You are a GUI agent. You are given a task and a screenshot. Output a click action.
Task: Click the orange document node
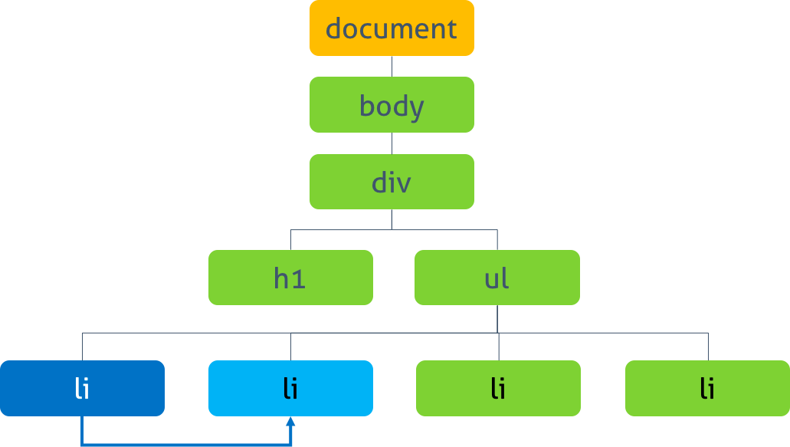coord(392,28)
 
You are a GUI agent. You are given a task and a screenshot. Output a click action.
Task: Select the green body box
coord(392,105)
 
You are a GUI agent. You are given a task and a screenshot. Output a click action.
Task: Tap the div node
coord(392,182)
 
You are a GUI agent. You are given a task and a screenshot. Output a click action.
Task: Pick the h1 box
coord(290,277)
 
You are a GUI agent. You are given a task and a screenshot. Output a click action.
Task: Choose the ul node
coord(497,277)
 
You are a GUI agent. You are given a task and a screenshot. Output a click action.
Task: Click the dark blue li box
coord(82,388)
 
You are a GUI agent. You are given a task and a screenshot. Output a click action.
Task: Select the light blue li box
coord(290,388)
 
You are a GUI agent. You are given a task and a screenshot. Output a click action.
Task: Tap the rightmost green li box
coord(707,388)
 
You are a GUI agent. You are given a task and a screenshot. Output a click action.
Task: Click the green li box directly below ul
coord(498,388)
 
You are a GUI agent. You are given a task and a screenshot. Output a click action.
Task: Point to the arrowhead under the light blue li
coord(290,422)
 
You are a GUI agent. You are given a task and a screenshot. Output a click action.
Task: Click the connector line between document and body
coord(392,67)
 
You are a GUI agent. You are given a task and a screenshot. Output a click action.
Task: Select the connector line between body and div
coord(392,143)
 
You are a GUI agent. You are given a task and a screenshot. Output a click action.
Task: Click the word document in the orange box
coord(392,28)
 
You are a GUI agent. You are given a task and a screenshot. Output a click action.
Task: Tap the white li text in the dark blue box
coord(82,389)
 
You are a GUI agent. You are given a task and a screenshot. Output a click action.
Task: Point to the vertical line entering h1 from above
coord(290,240)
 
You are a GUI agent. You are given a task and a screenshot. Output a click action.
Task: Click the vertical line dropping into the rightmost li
coord(708,347)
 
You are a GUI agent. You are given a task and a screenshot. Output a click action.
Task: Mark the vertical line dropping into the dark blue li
coord(82,347)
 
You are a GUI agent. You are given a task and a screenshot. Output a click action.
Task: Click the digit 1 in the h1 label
coord(300,279)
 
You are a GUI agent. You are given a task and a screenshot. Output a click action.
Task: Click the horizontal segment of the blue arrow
coord(186,445)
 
